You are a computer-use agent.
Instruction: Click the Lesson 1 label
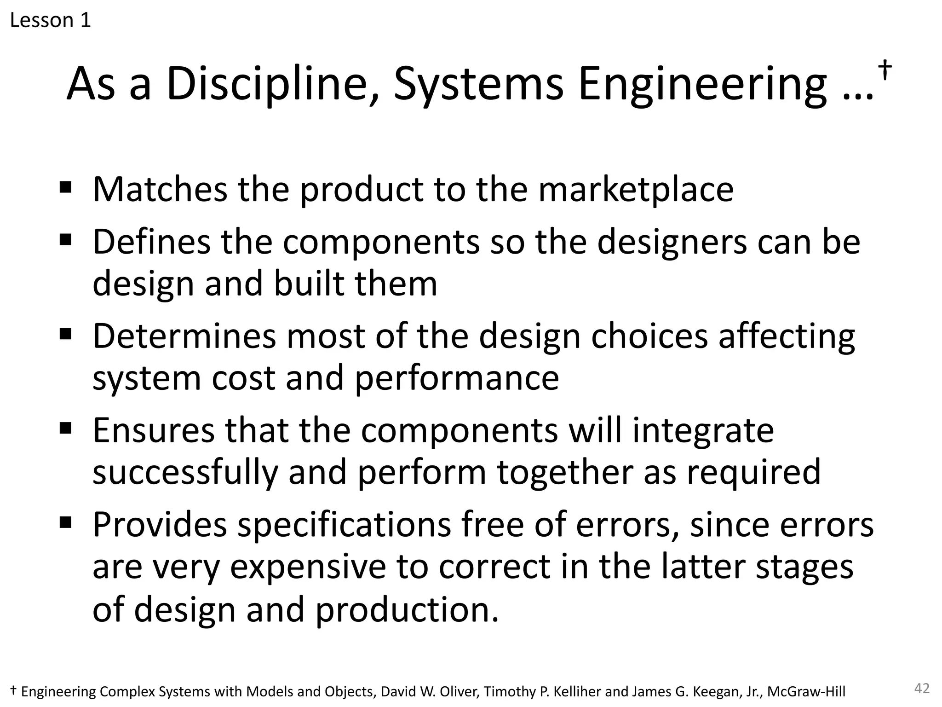coord(50,20)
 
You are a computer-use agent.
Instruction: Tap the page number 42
coord(922,689)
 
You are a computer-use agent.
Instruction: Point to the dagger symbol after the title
coord(885,70)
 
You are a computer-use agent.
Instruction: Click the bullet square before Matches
coord(66,187)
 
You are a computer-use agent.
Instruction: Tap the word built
coord(309,284)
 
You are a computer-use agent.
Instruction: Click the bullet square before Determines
coord(66,333)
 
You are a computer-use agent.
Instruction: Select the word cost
coord(243,378)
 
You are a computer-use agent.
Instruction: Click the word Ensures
coord(154,430)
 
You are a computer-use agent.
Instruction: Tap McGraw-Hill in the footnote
coord(806,691)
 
